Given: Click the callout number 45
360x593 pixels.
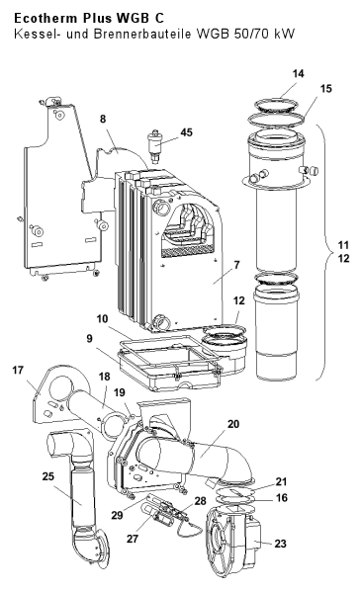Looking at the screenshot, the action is (186, 132).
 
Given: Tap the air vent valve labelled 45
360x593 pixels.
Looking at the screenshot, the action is (155, 145).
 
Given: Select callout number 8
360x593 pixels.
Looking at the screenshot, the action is (103, 119).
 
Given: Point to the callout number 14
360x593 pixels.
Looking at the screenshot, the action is (299, 73).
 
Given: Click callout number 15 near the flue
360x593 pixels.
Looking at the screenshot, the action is (325, 89).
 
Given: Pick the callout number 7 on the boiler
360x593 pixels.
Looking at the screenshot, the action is (237, 265).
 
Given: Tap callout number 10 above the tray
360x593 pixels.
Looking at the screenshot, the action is (102, 319).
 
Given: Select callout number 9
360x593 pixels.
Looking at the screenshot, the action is (89, 338).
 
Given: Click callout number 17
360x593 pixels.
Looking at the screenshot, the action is (18, 370).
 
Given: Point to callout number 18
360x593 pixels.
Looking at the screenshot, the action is (105, 377).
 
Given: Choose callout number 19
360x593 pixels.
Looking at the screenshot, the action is (120, 392).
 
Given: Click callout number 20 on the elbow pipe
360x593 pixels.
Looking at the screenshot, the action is (233, 424).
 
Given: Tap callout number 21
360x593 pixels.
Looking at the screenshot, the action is (281, 481).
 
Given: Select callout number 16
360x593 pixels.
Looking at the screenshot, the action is (282, 498).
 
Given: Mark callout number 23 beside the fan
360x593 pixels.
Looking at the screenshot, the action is (281, 544).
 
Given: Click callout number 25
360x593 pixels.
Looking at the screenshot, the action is (48, 476).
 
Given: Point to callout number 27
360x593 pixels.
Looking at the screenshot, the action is (133, 539).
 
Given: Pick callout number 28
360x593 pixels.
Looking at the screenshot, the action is (200, 501).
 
